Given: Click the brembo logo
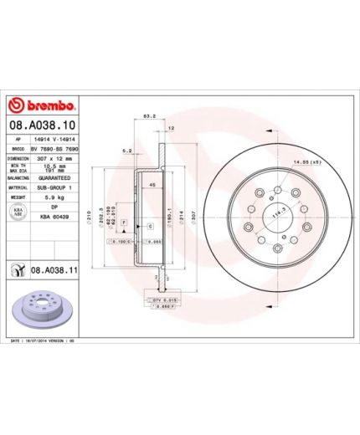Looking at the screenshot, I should pyautogui.click(x=42, y=106).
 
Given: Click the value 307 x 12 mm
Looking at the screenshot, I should pyautogui.click(x=57, y=157).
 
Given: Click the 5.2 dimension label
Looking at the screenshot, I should pyautogui.click(x=127, y=150).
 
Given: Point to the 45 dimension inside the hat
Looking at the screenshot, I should pyautogui.click(x=152, y=184).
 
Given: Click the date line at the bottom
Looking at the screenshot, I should pyautogui.click(x=42, y=342).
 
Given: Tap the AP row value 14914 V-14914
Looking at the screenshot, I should pyautogui.click(x=57, y=138).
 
